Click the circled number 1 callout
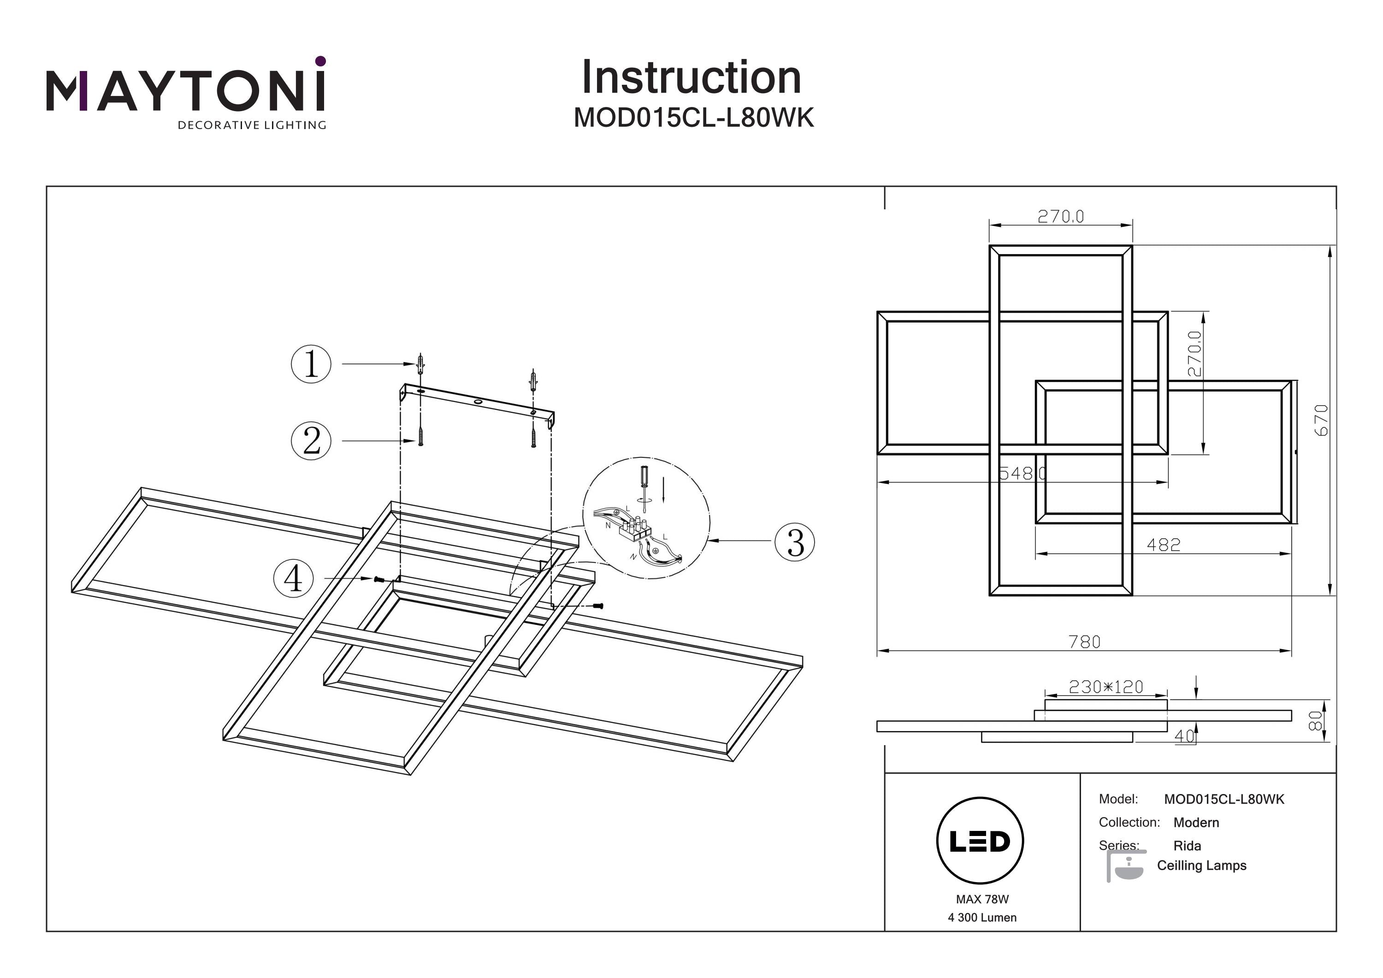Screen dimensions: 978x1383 311,364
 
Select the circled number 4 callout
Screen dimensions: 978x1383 293,579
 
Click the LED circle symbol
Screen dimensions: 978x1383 980,841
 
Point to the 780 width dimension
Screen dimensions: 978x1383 1084,642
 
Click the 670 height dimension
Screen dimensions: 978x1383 1321,420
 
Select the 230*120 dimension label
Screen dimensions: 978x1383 1106,687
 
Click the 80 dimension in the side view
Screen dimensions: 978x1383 1316,720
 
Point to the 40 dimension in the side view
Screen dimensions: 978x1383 1184,736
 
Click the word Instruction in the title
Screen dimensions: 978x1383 691,78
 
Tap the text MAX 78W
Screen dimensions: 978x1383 982,900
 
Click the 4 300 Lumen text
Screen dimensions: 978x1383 982,918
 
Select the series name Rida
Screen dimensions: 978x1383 1187,846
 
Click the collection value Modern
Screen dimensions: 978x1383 1196,823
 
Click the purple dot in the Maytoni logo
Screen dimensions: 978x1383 320,61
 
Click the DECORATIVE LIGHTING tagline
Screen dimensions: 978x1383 252,125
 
